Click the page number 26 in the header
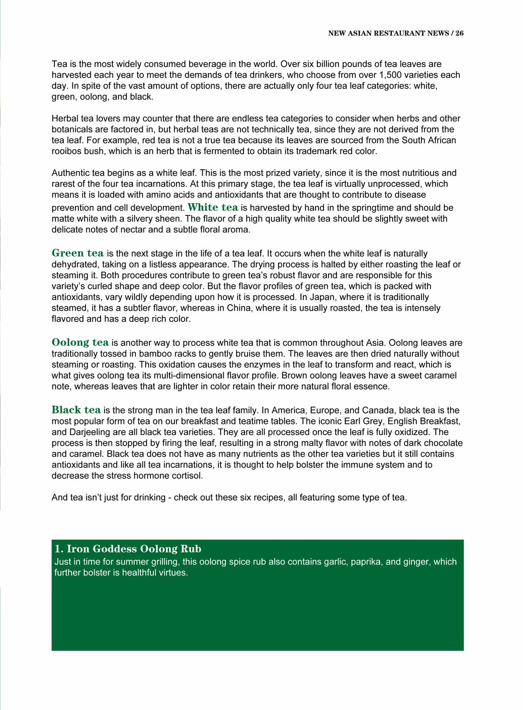click(459, 33)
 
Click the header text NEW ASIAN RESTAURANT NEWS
click(388, 33)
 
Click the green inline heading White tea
click(213, 207)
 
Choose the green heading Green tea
click(78, 253)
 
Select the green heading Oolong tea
click(80, 342)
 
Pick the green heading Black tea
click(76, 410)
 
